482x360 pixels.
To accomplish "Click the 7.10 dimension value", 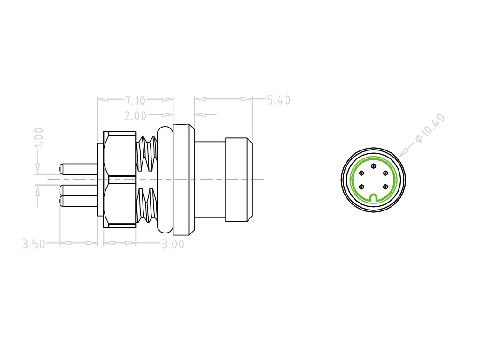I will (x=136, y=100).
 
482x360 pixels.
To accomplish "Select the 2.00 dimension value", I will (x=136, y=115).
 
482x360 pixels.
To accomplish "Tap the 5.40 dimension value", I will (x=279, y=100).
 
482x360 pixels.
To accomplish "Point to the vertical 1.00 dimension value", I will (x=39, y=137).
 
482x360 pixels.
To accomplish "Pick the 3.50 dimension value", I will (x=34, y=244).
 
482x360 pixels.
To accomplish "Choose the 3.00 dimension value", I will (x=173, y=244).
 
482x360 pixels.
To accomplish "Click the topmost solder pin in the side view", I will (x=78, y=168).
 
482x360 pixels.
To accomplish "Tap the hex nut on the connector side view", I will (x=120, y=180).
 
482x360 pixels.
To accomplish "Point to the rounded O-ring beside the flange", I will (x=165, y=180).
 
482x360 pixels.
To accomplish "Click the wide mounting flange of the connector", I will (x=183, y=180).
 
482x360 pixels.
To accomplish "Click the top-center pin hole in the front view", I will (x=373, y=166).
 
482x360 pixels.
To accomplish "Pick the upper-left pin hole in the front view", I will (x=361, y=173).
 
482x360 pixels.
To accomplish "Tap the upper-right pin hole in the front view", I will (x=385, y=173).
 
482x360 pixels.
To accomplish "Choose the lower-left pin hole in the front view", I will (x=361, y=187).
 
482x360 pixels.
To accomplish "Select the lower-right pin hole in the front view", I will (x=385, y=187).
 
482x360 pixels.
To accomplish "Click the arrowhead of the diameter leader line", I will (x=403, y=153).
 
